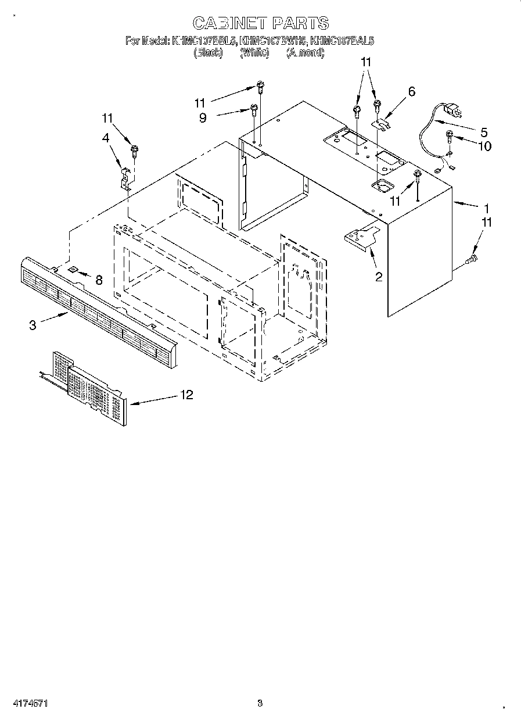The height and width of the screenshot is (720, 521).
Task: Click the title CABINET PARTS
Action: pyautogui.click(x=260, y=23)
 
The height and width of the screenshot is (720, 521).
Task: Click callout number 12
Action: pyautogui.click(x=186, y=395)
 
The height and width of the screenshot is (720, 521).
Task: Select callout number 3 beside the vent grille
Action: pyautogui.click(x=33, y=325)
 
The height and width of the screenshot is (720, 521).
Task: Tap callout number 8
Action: pyautogui.click(x=99, y=281)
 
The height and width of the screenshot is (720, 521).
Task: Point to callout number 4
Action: pyautogui.click(x=106, y=138)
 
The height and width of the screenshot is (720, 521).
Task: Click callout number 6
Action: pyautogui.click(x=412, y=91)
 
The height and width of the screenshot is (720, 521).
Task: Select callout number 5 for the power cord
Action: pyautogui.click(x=483, y=132)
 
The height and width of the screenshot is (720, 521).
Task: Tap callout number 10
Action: pyautogui.click(x=484, y=146)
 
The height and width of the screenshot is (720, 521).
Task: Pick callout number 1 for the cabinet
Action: pyautogui.click(x=487, y=207)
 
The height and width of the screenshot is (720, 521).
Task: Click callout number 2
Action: pyautogui.click(x=379, y=277)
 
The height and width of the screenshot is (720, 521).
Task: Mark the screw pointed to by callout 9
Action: pyautogui.click(x=254, y=110)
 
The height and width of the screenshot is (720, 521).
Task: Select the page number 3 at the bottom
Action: pyautogui.click(x=260, y=704)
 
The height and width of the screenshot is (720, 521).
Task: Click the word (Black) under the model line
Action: pyautogui.click(x=208, y=53)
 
